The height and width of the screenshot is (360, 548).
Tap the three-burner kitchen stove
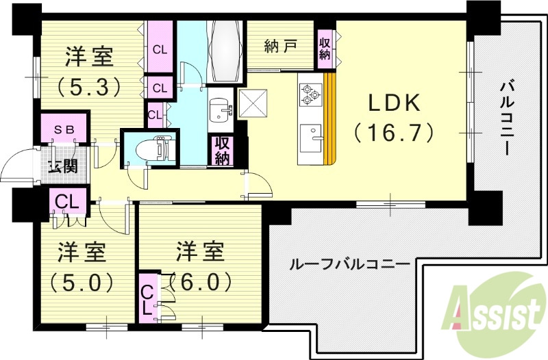310,94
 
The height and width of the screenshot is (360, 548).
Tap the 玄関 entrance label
63,166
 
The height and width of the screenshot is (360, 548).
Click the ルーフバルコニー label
350,263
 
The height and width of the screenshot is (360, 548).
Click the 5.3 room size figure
89,86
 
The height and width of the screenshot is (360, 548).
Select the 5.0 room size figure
82,281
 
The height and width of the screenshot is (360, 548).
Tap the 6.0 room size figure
201,281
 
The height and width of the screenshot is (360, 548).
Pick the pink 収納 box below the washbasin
222,151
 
